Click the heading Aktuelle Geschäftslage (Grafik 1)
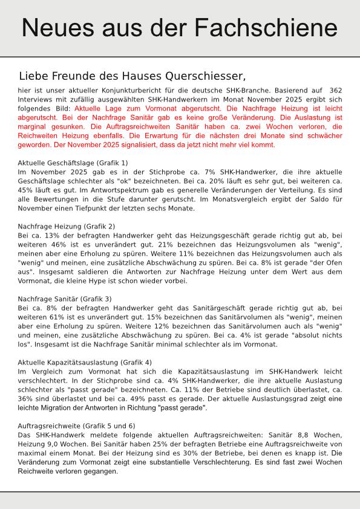pyautogui.click(x=73, y=163)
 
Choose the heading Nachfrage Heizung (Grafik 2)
pyautogui.click(x=67, y=226)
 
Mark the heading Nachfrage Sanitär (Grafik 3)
pyautogui.click(x=65, y=299)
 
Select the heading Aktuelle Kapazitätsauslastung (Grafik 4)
pyautogui.click(x=85, y=362)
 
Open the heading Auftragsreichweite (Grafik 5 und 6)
pyautogui.click(x=77, y=426)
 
